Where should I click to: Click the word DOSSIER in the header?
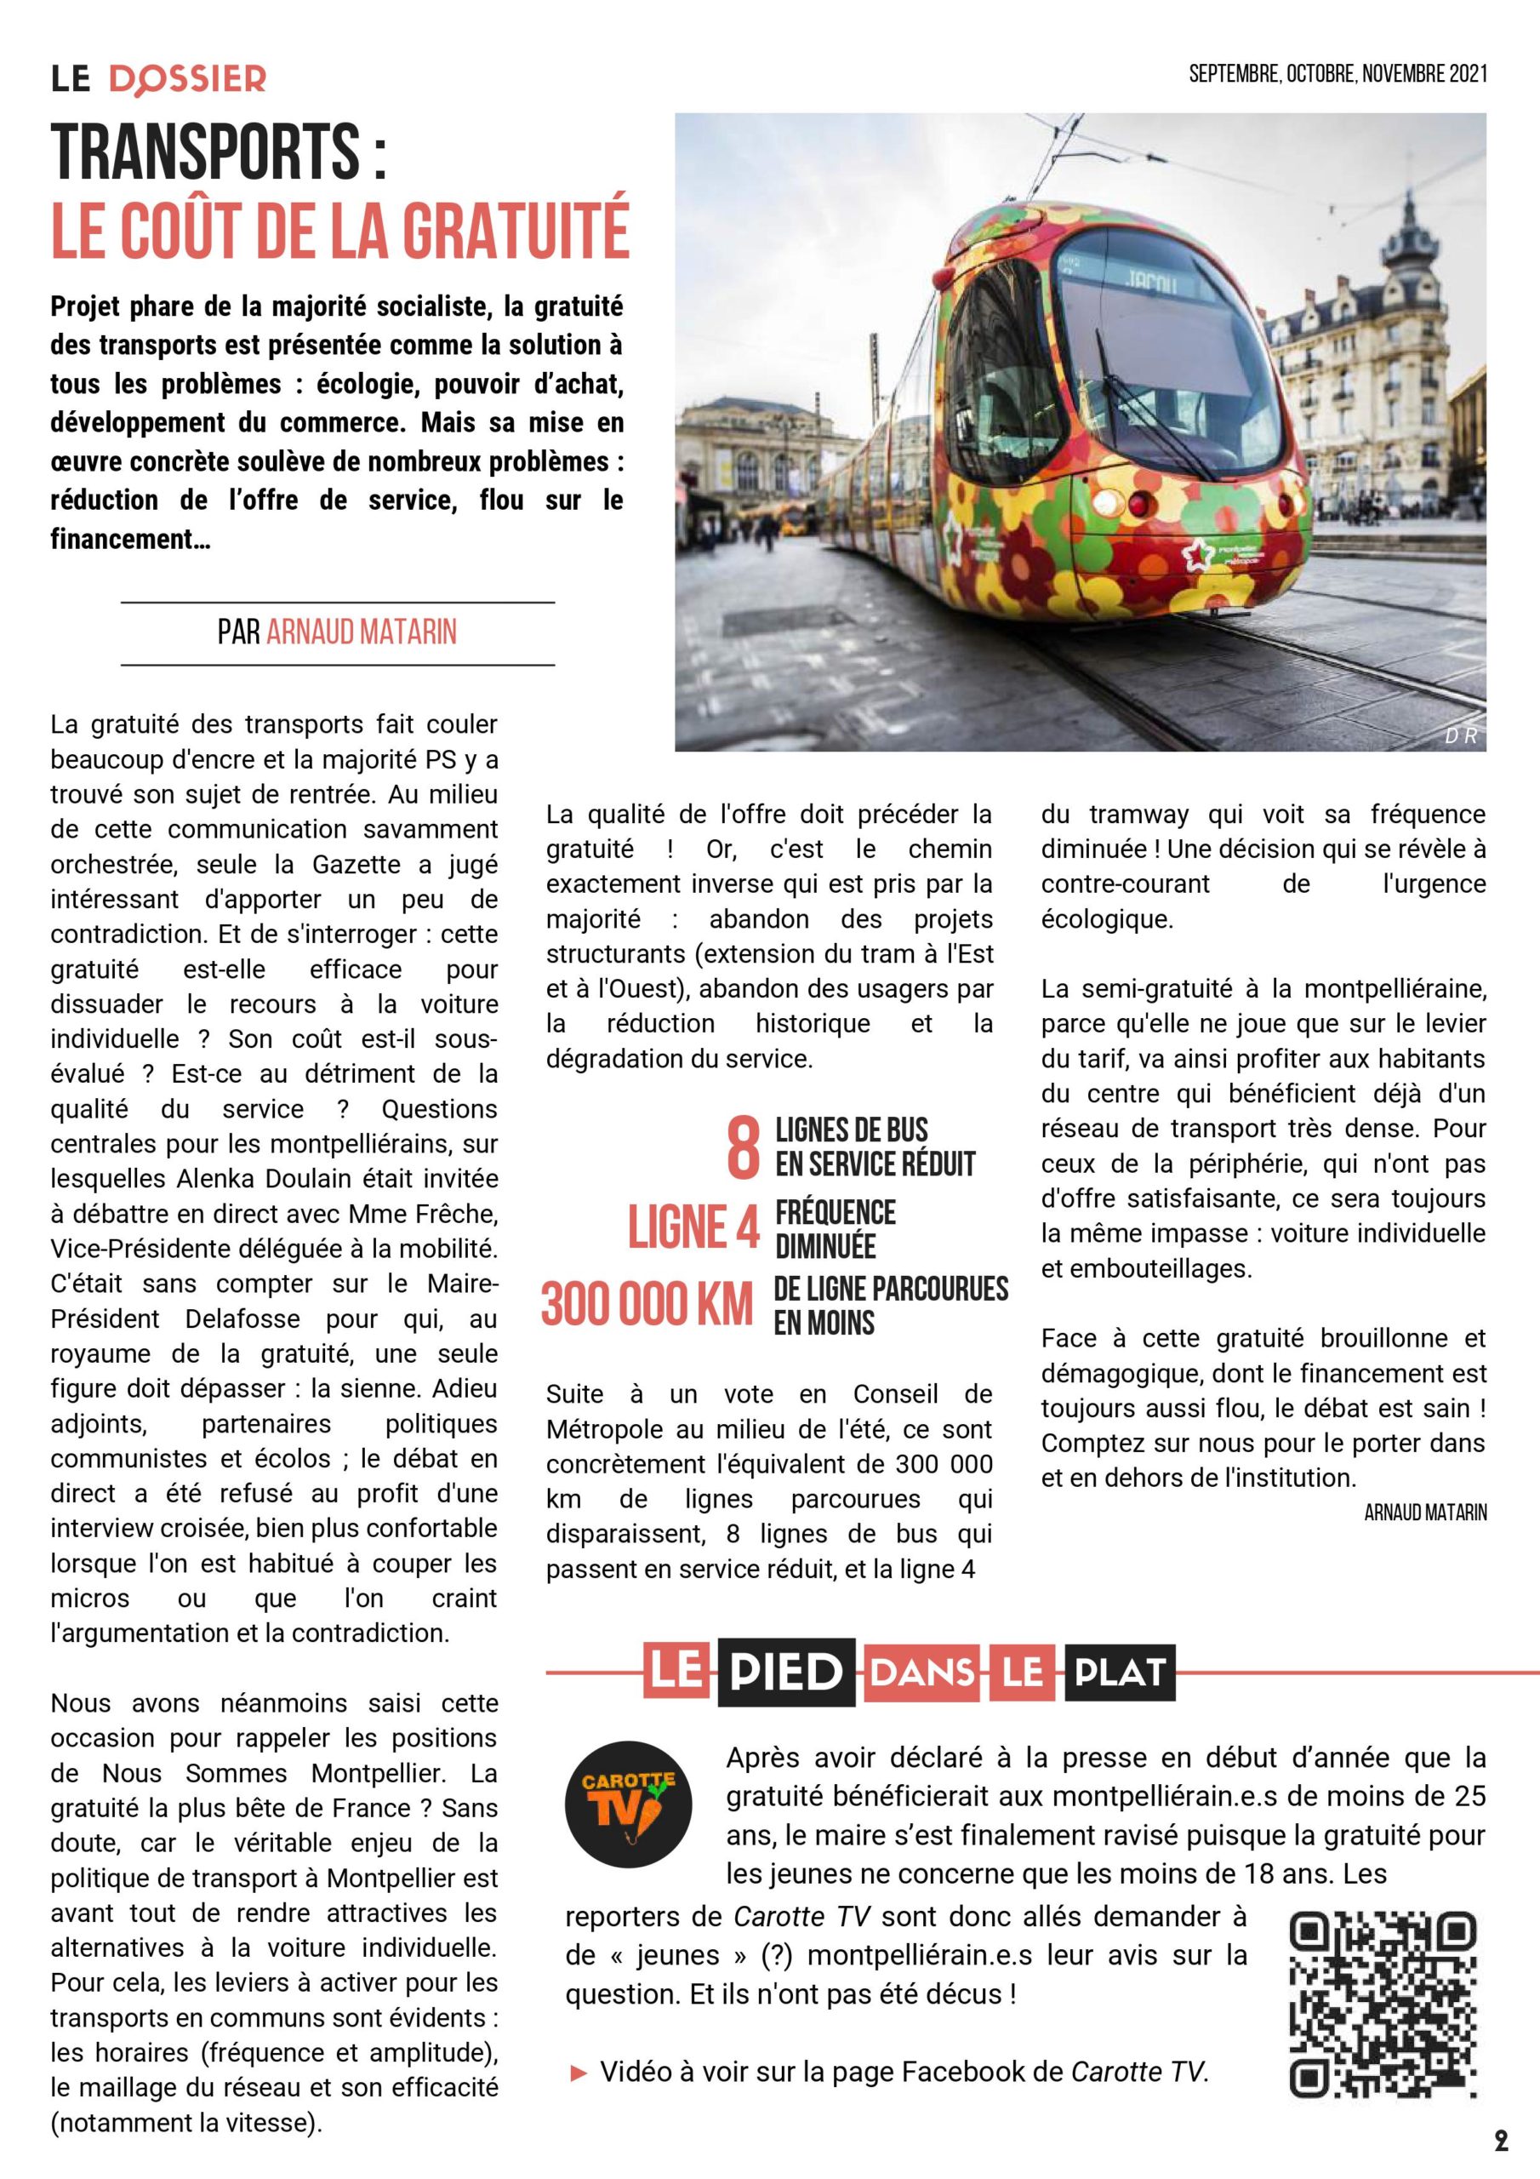188,80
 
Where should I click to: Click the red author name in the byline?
362,632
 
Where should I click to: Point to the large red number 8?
743,1147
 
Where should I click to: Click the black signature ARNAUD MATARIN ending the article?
1425,1513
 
